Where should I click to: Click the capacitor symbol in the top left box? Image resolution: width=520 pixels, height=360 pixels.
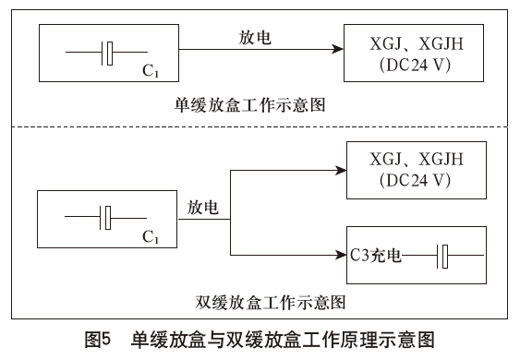coord(108,54)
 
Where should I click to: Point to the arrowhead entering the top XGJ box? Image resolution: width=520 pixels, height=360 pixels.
coord(337,54)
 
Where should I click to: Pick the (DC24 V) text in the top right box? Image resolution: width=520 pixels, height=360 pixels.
coord(413,66)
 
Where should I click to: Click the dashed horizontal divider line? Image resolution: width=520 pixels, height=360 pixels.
coord(260,127)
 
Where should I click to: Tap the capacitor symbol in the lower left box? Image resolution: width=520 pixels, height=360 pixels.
coord(107,218)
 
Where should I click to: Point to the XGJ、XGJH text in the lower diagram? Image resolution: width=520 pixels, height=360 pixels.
coord(413,160)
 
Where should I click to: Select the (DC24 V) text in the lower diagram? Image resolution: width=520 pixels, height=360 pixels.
coord(413,180)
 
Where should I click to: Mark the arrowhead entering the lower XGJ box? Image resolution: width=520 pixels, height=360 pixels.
coord(337,171)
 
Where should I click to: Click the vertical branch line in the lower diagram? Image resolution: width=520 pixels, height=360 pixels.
coord(230,212)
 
